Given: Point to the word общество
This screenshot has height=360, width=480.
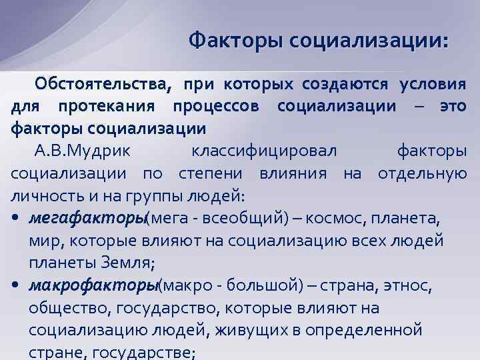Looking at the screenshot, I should pos(70,309).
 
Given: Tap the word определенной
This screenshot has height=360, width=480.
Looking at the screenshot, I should pos(365,331).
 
